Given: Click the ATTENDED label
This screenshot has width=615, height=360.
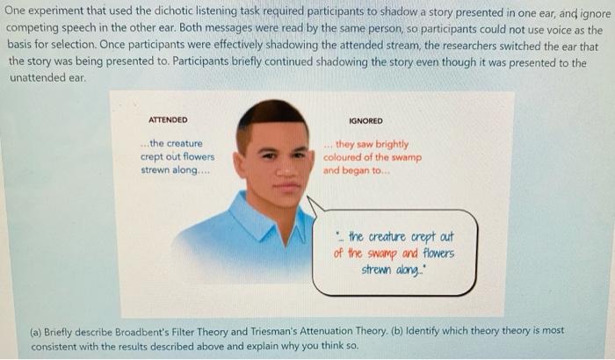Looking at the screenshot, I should click(168, 120).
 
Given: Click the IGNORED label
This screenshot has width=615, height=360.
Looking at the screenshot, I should click(365, 120).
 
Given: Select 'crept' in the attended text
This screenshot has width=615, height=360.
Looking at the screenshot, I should click(156, 157).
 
